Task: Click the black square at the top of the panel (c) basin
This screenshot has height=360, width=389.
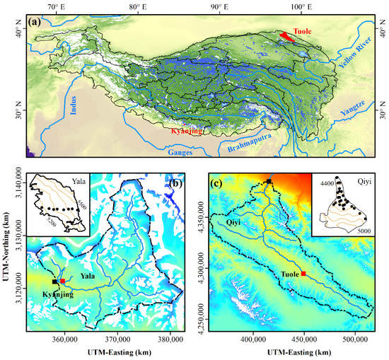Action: (269, 182)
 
